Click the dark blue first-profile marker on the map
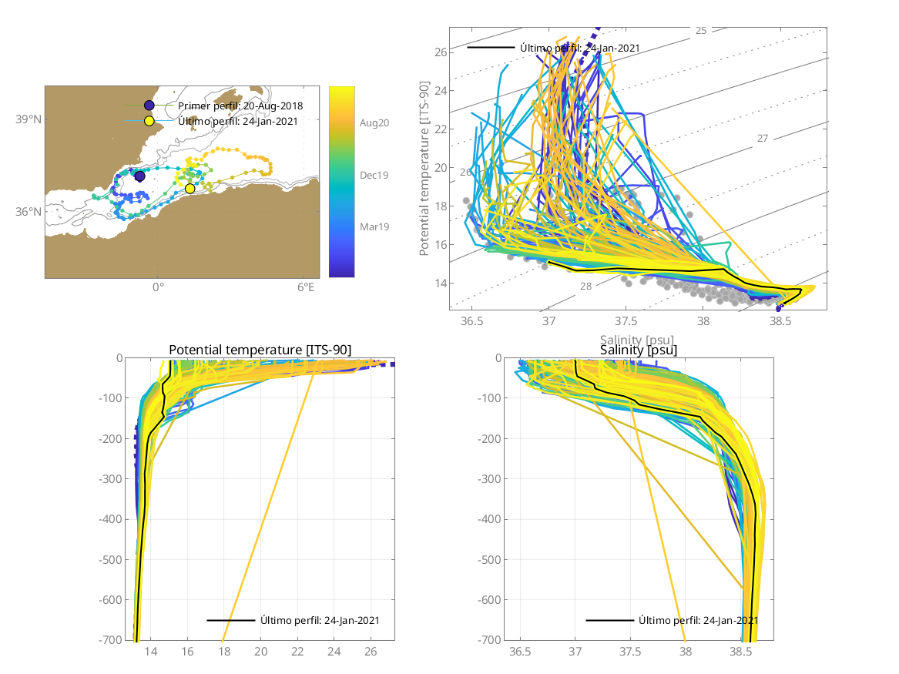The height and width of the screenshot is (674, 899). pos(139,176)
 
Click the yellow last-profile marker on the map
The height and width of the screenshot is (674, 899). pos(190,189)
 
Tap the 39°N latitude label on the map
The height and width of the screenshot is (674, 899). pos(29,119)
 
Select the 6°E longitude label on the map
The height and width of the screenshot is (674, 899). pos(306,288)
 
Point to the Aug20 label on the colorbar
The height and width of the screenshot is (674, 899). pos(374,122)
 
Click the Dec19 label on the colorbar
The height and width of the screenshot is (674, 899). pos(374,175)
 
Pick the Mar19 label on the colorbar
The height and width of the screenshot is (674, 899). pos(374,226)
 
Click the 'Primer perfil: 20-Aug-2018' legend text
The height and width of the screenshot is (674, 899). pos(240,106)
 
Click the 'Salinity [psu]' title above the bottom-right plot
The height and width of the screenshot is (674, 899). pos(639,350)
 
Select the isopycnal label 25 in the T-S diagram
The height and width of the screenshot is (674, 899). pos(700,31)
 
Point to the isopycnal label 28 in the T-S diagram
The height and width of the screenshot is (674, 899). pos(585,287)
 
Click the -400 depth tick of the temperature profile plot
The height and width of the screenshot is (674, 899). pos(112,519)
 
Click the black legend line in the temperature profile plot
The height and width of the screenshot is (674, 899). pos(230,620)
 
